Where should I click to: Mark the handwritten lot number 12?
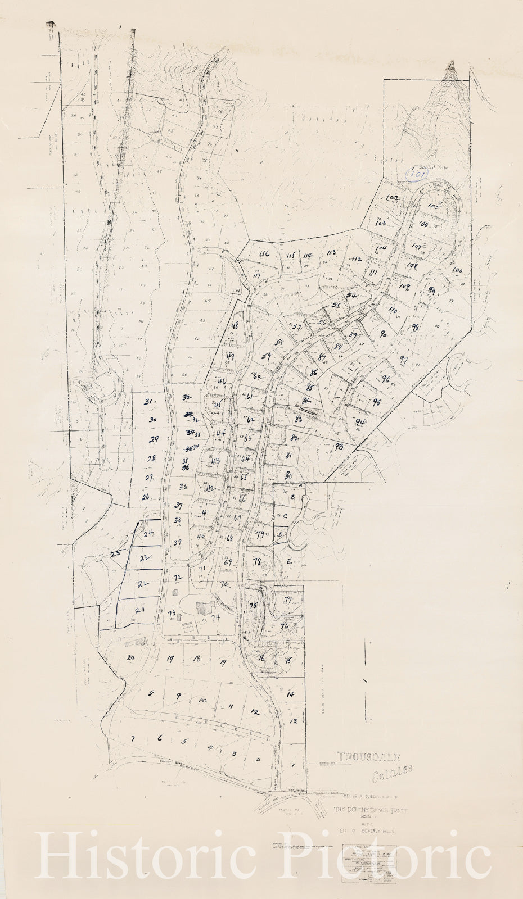pos(254,712)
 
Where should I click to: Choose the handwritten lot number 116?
pos(264,254)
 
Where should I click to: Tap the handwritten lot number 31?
pos(148,402)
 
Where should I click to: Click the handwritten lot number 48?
pos(235,326)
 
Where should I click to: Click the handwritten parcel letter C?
pos(285,516)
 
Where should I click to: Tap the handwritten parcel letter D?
pos(279,535)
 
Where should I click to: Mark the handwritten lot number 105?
pos(433,206)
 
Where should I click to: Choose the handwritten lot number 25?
pos(116,554)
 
